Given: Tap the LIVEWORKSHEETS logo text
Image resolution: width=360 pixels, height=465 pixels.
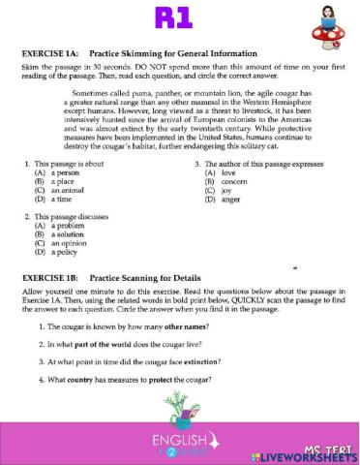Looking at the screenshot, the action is (x=307, y=455).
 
